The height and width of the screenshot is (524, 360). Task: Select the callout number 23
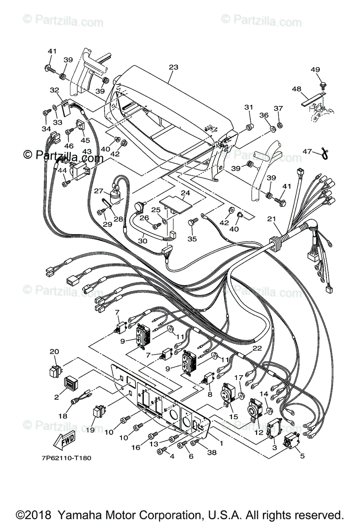[x=173, y=67]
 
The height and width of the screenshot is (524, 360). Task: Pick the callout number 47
[x=308, y=151]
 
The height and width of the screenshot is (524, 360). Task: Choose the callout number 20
[x=54, y=352]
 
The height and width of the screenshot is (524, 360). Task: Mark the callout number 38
[x=212, y=453]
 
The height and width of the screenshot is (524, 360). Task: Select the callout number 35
[x=192, y=239]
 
